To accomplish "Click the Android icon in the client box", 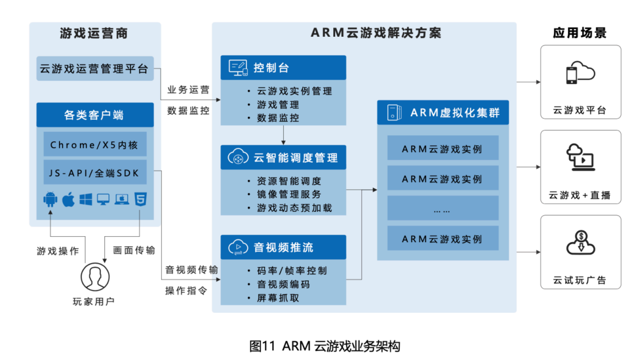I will pyautogui.click(x=50, y=200).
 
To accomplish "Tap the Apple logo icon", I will pyautogui.click(x=68, y=200).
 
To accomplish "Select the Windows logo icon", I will pyautogui.click(x=86, y=200).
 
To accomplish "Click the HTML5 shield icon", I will pyautogui.click(x=140, y=200).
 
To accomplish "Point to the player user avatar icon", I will pyautogui.click(x=95, y=277).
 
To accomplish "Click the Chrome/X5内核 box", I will pyautogui.click(x=95, y=145).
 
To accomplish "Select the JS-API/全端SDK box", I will pyautogui.click(x=95, y=173).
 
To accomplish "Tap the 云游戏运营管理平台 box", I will pyautogui.click(x=95, y=69).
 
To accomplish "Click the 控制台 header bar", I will pyautogui.click(x=283, y=68).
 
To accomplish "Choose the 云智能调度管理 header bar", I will pyautogui.click(x=283, y=158).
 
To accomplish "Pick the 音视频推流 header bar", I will pyautogui.click(x=283, y=247).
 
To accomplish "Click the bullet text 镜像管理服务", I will pyautogui.click(x=289, y=194).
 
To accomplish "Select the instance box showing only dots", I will pyautogui.click(x=443, y=209).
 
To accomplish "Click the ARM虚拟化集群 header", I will pyautogui.click(x=443, y=113).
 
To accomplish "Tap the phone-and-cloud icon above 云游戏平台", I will pyautogui.click(x=580, y=74).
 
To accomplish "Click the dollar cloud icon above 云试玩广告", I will pyautogui.click(x=580, y=242).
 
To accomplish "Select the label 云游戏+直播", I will pyautogui.click(x=580, y=195).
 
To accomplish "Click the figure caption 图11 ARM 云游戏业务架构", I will pyautogui.click(x=324, y=346).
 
